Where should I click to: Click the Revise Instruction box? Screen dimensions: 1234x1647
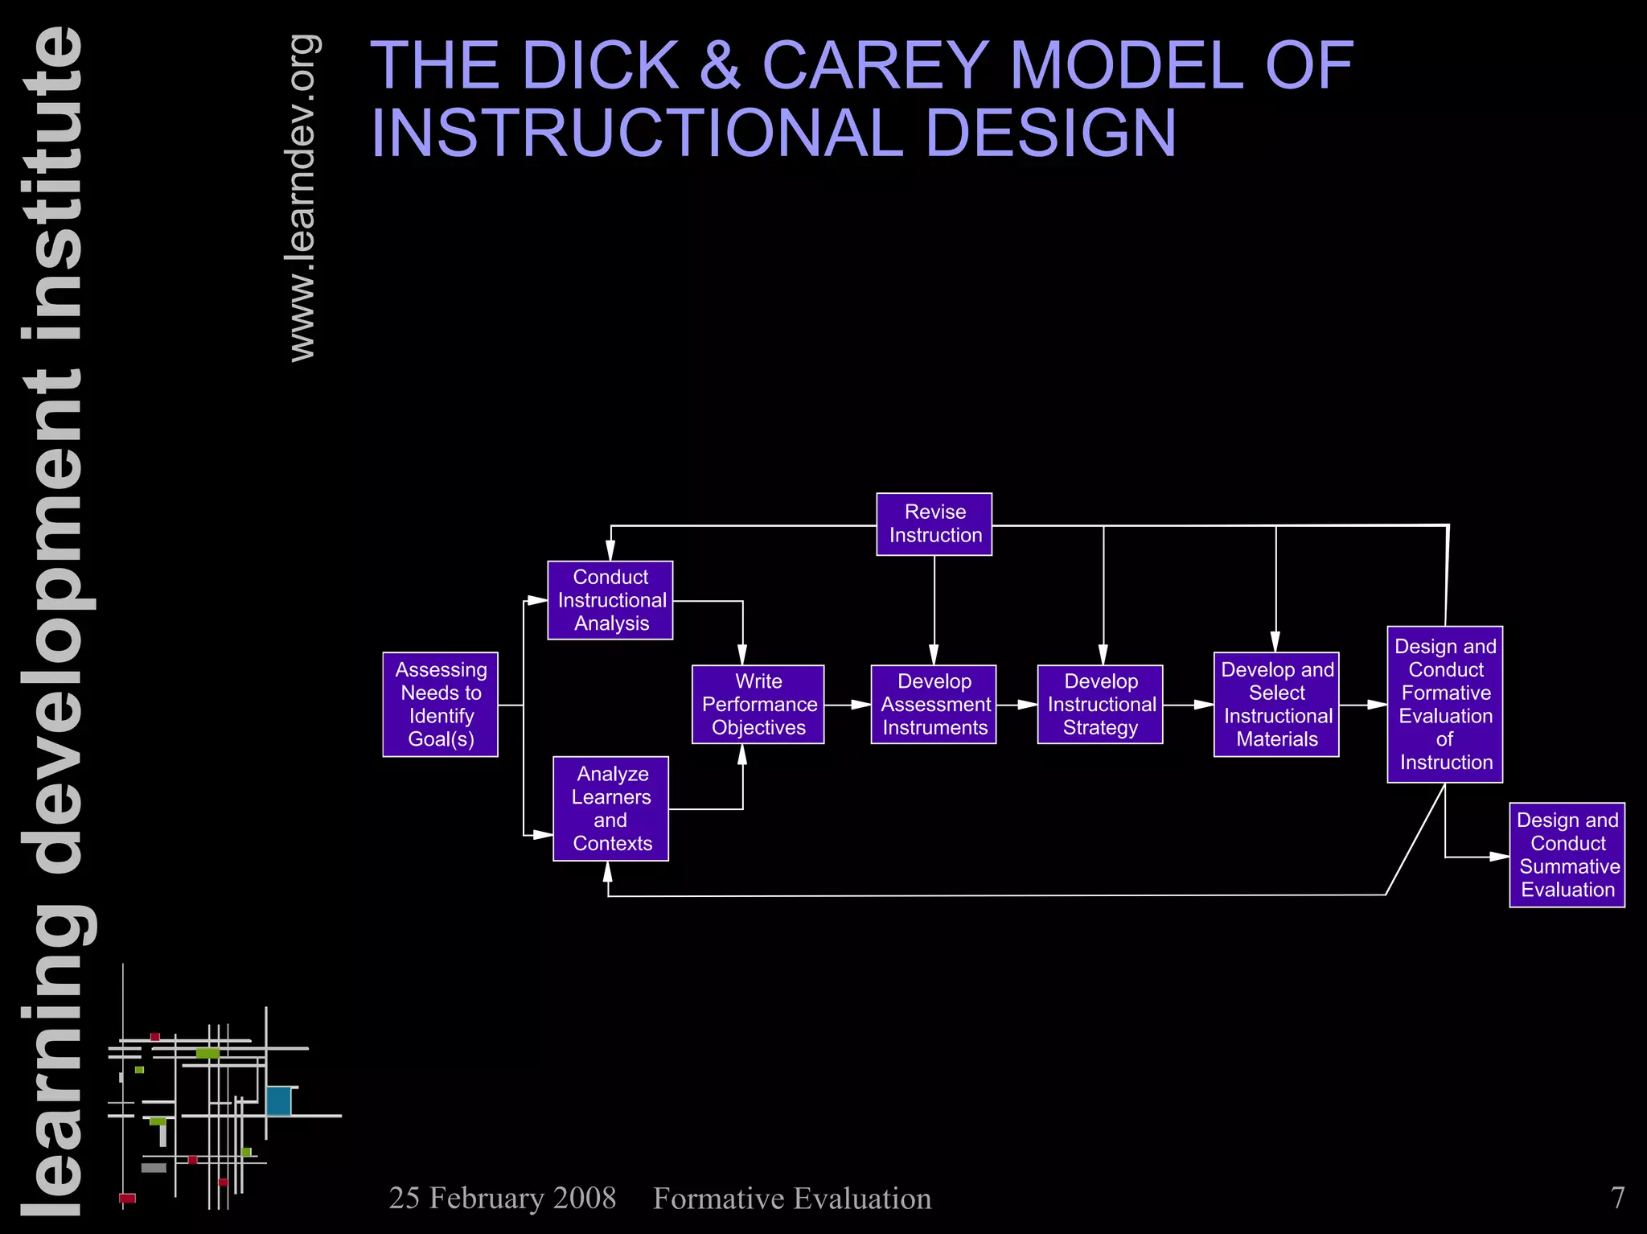tap(934, 524)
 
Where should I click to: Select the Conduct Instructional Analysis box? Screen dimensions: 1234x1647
tap(610, 600)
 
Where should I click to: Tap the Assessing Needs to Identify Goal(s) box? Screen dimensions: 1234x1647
tap(440, 704)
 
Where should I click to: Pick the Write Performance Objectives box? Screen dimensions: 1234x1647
tap(758, 704)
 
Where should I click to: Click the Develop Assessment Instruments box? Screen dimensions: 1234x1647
tap(933, 704)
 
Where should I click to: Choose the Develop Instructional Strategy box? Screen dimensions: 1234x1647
tap(1099, 704)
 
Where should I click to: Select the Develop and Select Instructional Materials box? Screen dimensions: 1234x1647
tap(1275, 704)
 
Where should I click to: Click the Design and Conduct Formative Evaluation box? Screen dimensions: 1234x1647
tap(1444, 704)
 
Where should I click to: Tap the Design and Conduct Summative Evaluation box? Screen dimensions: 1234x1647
tap(1567, 854)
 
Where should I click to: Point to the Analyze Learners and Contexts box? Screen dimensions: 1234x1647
tap(610, 808)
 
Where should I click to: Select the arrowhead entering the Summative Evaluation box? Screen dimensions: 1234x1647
tap(1500, 857)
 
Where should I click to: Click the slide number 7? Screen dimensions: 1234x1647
tap(1617, 1198)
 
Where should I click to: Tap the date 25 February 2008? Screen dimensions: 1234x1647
tap(502, 1198)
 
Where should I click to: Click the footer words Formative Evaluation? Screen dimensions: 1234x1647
tap(792, 1198)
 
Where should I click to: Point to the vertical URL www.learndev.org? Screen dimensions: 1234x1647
tap(302, 198)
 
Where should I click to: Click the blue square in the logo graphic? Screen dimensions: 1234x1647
tap(278, 1100)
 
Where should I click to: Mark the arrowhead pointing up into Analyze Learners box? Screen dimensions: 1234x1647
tap(608, 872)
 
